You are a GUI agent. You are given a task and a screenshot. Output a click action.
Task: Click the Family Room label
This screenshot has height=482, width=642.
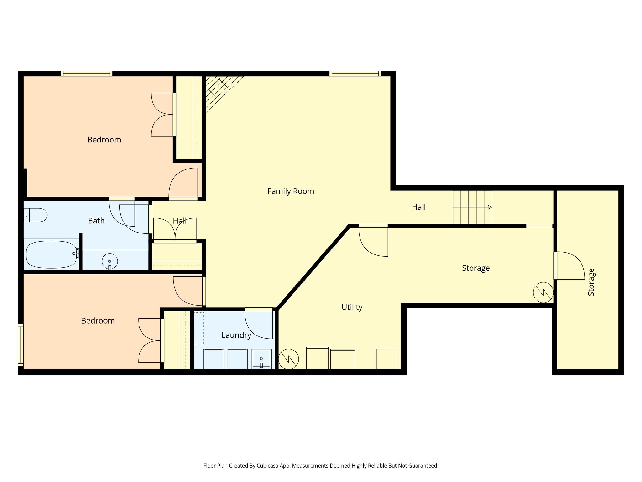click(291, 191)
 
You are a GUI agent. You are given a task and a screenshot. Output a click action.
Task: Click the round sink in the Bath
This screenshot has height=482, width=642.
click(110, 261)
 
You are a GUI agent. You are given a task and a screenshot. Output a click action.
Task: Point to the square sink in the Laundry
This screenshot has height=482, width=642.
click(261, 358)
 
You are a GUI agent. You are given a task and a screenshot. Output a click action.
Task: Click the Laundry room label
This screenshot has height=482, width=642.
click(236, 335)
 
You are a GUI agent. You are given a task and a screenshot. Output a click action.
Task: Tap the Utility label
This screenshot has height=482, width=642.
click(352, 307)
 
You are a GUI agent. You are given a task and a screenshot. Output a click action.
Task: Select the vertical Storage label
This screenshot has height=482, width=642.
click(591, 282)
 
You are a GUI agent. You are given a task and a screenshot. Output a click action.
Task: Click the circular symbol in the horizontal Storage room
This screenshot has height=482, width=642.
click(543, 292)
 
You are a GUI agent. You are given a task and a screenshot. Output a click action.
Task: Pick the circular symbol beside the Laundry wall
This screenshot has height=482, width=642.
click(288, 359)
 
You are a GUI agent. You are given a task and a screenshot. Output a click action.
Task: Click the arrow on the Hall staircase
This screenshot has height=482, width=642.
click(490, 207)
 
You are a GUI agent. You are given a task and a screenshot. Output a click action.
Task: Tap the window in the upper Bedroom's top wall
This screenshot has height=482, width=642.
click(87, 73)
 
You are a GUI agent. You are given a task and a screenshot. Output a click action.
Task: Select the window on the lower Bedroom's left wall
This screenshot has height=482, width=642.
click(21, 345)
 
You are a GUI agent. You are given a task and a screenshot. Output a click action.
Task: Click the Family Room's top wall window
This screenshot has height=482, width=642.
click(355, 73)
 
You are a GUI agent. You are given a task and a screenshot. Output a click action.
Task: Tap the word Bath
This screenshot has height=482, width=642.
click(96, 221)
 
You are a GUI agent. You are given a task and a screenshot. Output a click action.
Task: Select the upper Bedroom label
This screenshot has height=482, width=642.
click(104, 140)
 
